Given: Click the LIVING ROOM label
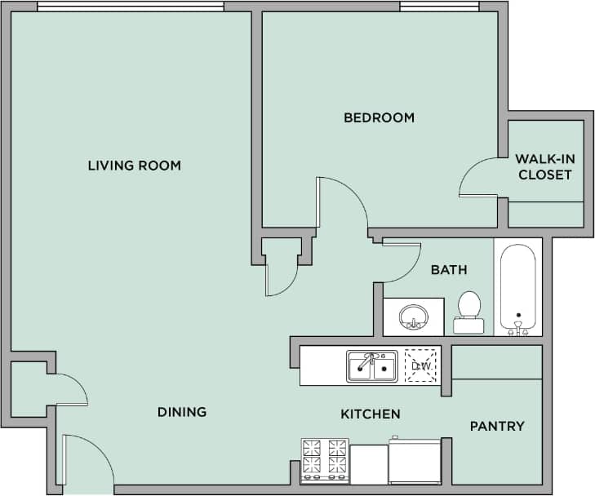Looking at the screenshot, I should tap(134, 166).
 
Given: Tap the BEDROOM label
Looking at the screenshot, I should tap(379, 117).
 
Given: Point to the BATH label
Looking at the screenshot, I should tap(449, 269).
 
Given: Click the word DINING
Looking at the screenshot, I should tap(182, 412).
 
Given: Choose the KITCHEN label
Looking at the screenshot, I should tap(370, 414).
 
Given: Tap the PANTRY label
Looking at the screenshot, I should tap(497, 426).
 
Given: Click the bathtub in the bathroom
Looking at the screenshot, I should tap(517, 287).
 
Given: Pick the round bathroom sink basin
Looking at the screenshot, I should tap(414, 316).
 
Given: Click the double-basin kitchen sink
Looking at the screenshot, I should tap(371, 366).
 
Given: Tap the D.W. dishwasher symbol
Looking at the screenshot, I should tap(421, 365).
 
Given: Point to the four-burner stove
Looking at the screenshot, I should tap(325, 461).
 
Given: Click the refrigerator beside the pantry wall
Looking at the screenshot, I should tap(415, 462).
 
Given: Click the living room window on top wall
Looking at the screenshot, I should tap(131, 7).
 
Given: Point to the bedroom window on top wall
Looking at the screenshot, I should tap(438, 7).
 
